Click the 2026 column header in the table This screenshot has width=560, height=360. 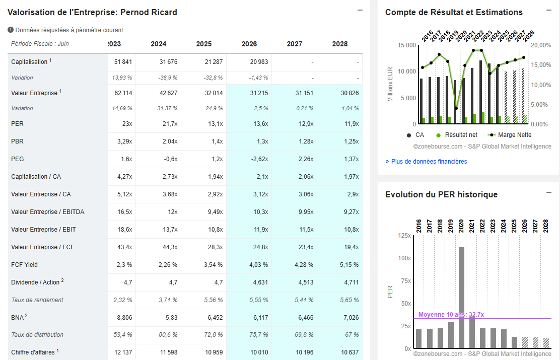coord(249,44)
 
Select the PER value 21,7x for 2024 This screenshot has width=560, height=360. coord(169,124)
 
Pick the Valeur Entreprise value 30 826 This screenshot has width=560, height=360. coord(347,93)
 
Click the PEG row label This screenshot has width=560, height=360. coord(18,159)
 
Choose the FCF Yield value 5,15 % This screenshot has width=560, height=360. coord(348,265)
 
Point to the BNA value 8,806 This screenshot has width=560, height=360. coord(124,317)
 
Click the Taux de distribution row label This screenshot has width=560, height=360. coord(37,335)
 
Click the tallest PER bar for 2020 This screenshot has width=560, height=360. coord(461,297)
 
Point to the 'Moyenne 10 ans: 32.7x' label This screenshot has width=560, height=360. coord(451,315)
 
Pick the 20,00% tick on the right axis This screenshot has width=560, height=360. coord(541,45)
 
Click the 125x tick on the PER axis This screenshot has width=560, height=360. coord(404,236)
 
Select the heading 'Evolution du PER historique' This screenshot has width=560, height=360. coord(441,195)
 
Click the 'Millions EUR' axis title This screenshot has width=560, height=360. coord(390,83)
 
